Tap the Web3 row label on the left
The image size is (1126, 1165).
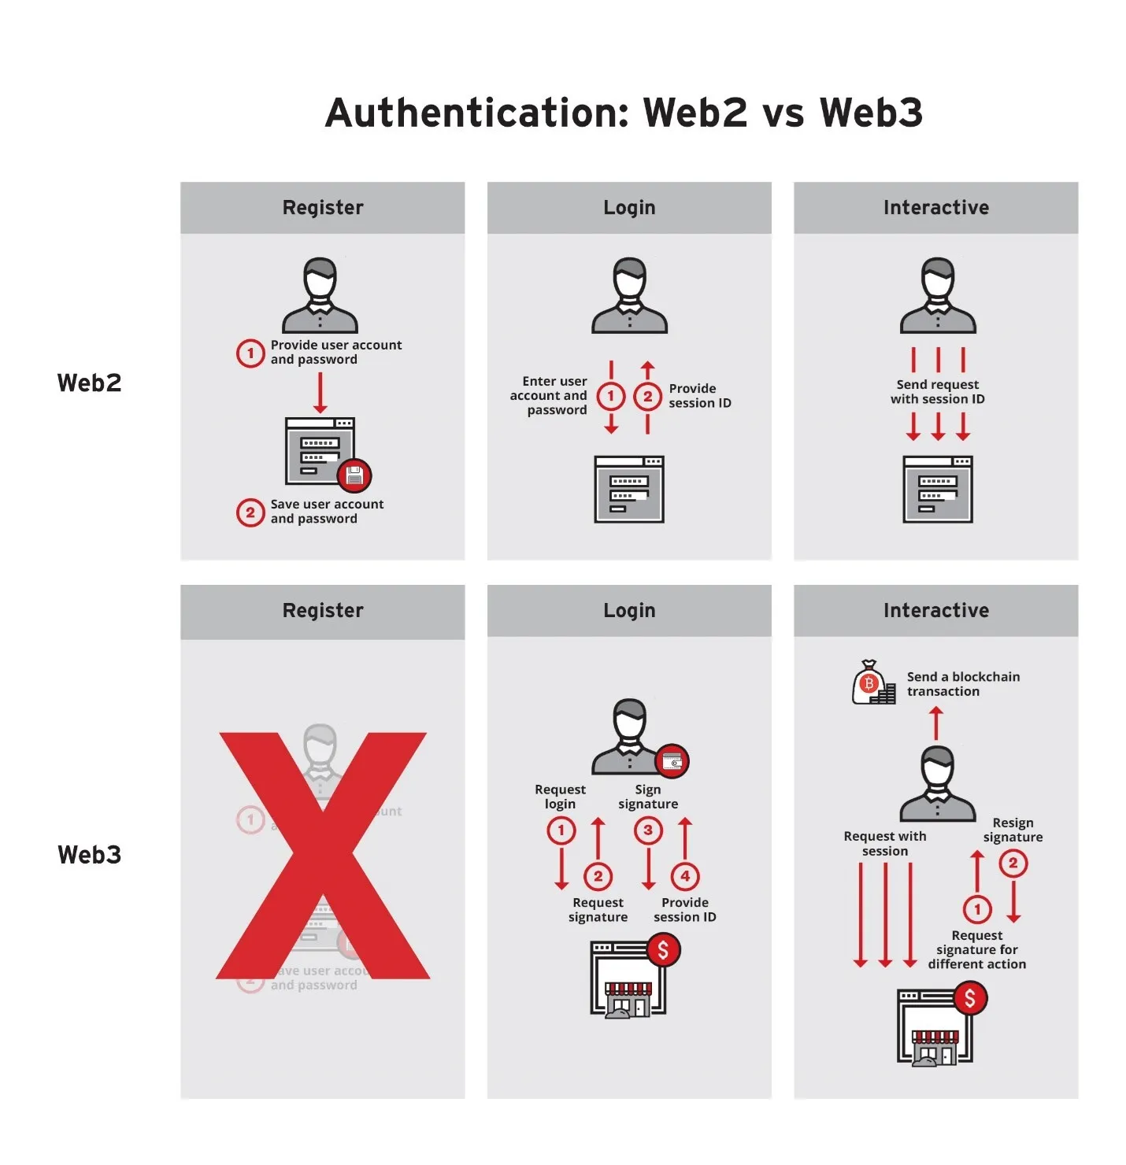click(90, 855)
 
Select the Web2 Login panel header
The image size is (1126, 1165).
click(629, 208)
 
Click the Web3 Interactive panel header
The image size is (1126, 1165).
click(935, 611)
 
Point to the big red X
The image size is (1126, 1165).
click(323, 856)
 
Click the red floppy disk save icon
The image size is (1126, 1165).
click(354, 475)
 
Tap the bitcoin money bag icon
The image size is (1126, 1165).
click(871, 682)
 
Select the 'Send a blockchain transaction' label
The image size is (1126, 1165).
click(962, 684)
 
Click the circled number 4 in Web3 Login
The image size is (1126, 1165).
click(685, 876)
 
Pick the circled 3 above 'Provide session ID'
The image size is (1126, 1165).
click(648, 830)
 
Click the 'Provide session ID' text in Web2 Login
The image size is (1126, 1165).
click(699, 396)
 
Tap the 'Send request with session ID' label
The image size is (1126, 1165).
click(937, 392)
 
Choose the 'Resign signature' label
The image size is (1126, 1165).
click(1013, 830)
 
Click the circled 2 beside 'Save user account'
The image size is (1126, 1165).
click(250, 513)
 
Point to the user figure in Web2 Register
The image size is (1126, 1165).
click(320, 296)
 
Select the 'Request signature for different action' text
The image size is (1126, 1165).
click(976, 949)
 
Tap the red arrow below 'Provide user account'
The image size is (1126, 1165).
click(320, 393)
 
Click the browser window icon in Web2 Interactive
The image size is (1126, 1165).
click(937, 490)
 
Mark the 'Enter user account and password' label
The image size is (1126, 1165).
click(551, 395)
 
